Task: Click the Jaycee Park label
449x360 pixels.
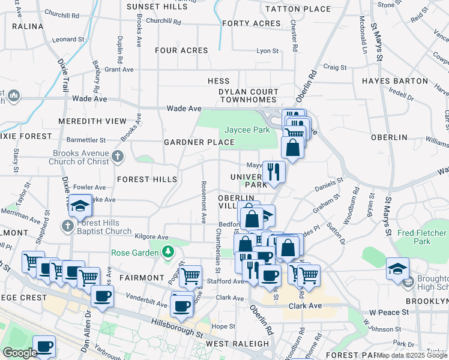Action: click(247, 130)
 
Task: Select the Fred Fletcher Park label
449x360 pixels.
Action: click(421, 237)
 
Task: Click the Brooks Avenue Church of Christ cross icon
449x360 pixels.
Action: click(118, 157)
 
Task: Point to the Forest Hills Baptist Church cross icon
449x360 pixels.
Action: click(68, 226)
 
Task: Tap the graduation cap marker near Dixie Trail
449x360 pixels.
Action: click(80, 206)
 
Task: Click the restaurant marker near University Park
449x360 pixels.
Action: click(273, 172)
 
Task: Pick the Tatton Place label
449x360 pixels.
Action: click(298, 9)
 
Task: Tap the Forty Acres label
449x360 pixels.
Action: click(251, 23)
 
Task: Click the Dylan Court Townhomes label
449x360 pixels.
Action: click(248, 96)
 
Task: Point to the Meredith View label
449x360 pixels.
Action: click(92, 121)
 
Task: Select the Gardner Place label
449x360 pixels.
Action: click(199, 142)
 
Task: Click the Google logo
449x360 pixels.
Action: click(20, 353)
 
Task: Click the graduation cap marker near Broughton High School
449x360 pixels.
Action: click(397, 268)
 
